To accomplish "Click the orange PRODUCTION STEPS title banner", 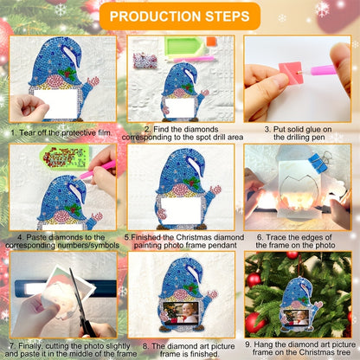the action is [180, 16].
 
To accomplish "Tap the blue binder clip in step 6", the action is [319, 162].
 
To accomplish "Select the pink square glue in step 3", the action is [290, 74].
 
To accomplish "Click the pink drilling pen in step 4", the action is [98, 170].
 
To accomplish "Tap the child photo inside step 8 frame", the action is [181, 312].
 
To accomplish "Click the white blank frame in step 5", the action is [181, 210].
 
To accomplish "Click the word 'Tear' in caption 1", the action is [26, 133].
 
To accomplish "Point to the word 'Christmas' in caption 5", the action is [191, 237].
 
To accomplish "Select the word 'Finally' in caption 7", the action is [31, 345].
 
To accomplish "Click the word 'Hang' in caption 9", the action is [262, 344].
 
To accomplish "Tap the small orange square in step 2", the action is [211, 42].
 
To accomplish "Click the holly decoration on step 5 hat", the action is [191, 183].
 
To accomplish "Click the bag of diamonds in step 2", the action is [145, 60].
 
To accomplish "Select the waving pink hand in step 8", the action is [212, 295].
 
